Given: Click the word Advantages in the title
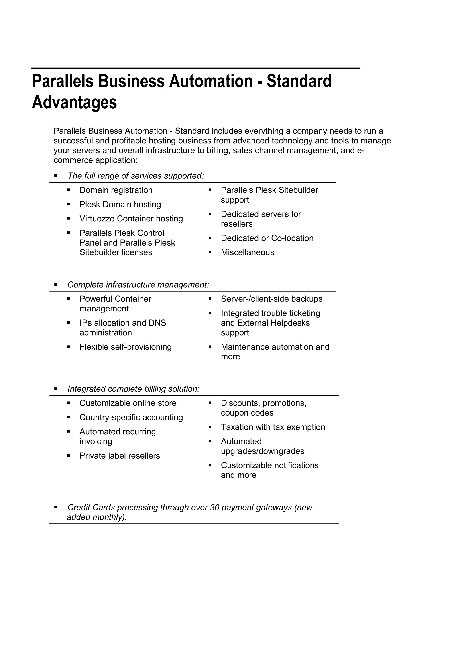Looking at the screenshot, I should pos(74,102).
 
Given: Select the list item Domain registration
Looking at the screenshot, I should pos(116,190).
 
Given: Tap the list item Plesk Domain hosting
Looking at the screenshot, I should pos(120,205).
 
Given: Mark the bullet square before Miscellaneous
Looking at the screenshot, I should pos(210,253).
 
